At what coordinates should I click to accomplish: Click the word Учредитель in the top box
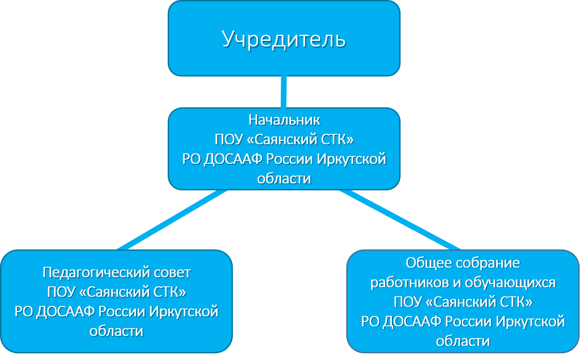[x=284, y=39]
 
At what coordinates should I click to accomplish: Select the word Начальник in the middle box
[x=284, y=120]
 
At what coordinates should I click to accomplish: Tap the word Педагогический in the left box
[x=93, y=272]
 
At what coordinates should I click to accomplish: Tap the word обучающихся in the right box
[x=510, y=282]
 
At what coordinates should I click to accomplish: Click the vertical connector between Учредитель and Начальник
[x=284, y=92]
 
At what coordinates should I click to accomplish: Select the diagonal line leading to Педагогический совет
[x=172, y=219]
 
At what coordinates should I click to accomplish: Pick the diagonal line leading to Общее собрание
[x=400, y=219]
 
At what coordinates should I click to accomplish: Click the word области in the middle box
[x=284, y=179]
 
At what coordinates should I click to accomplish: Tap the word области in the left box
[x=116, y=331]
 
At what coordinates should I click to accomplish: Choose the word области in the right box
[x=463, y=341]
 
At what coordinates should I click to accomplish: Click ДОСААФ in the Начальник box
[x=233, y=159]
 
